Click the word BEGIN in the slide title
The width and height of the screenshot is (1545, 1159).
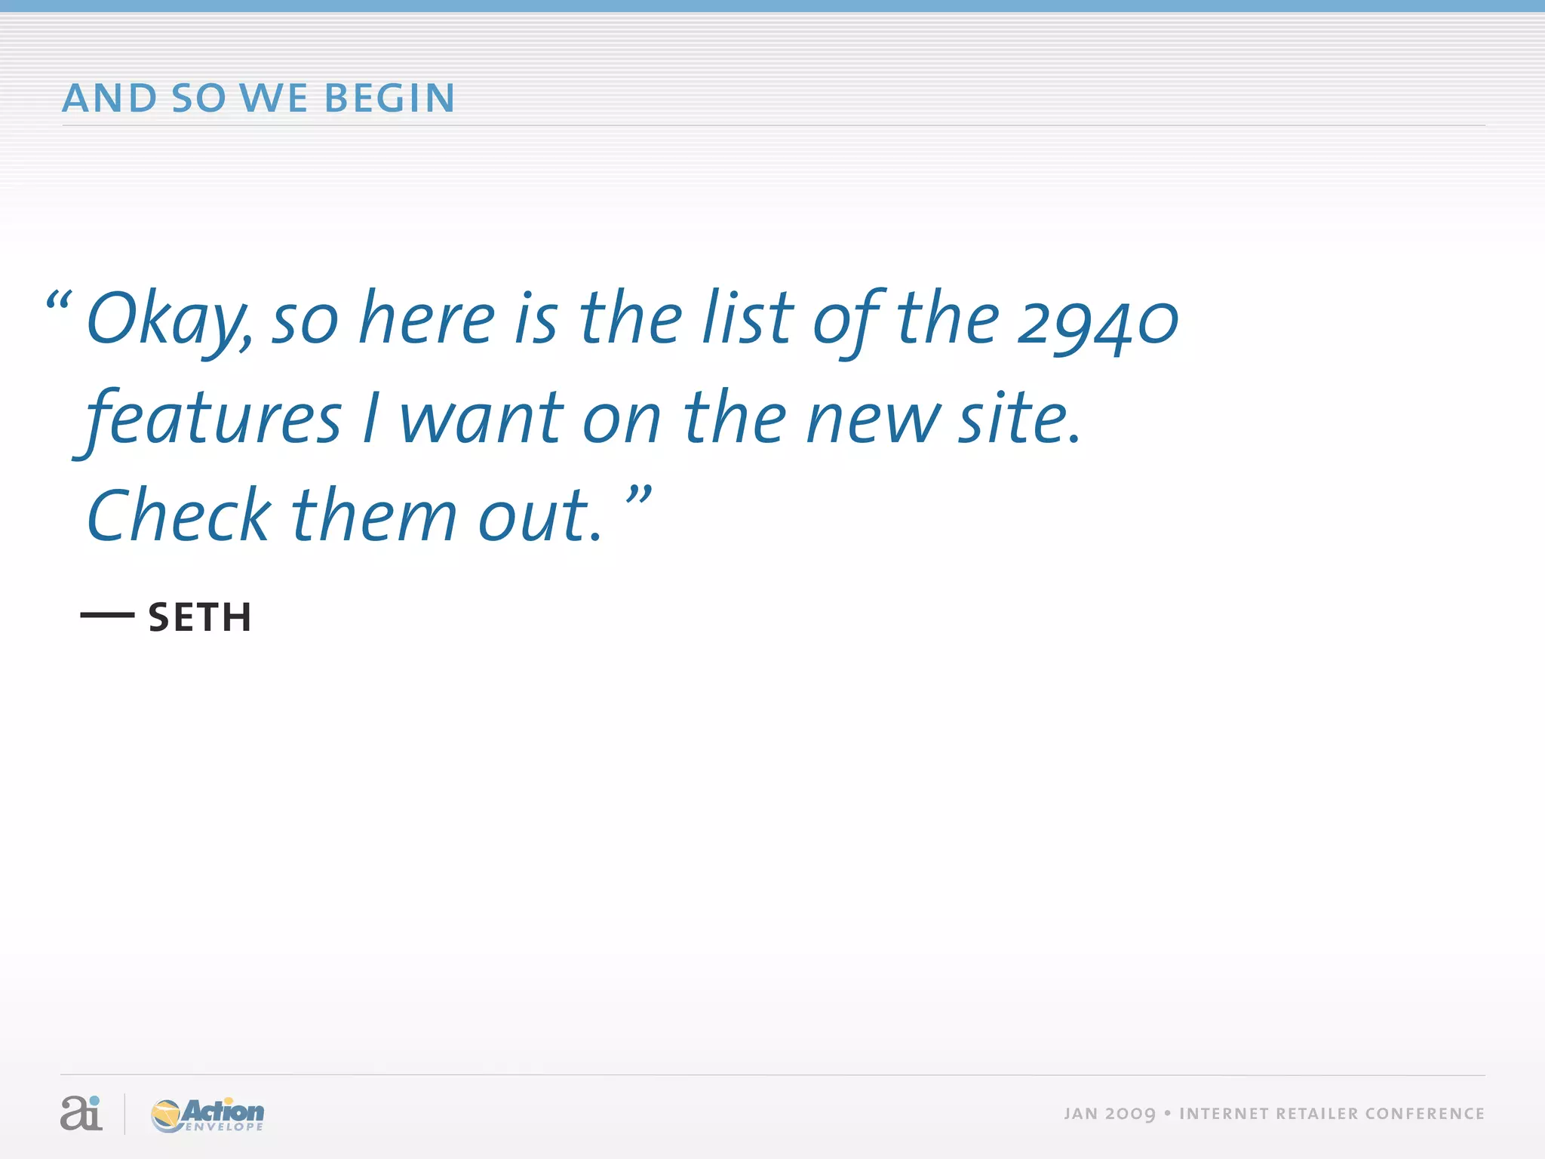(x=389, y=99)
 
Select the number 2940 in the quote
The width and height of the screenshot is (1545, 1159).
(x=1097, y=321)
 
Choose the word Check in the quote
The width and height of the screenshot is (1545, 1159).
(x=178, y=516)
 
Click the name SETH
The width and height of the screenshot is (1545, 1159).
(x=200, y=617)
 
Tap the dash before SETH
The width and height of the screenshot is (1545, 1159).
(x=107, y=616)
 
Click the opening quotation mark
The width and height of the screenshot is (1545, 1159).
(x=59, y=302)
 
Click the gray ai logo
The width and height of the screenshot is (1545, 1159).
(x=81, y=1113)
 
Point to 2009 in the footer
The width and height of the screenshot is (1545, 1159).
(x=1130, y=1114)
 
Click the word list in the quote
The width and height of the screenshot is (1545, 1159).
(x=747, y=318)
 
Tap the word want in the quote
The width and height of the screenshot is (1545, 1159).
(x=481, y=420)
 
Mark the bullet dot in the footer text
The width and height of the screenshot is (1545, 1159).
(x=1168, y=1113)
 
